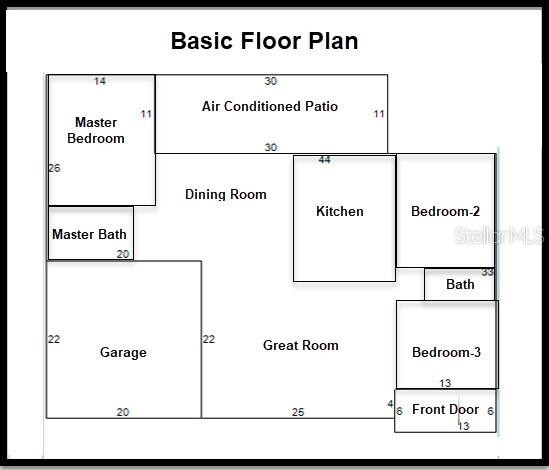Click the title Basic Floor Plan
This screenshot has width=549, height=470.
click(x=264, y=41)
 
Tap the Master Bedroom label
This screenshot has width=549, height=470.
click(x=96, y=130)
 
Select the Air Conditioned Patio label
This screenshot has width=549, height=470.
click(x=270, y=106)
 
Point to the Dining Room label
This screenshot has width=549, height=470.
click(x=226, y=194)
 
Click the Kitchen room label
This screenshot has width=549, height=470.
click(x=340, y=211)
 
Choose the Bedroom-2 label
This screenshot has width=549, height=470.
click(x=445, y=211)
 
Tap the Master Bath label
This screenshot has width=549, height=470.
click(x=89, y=234)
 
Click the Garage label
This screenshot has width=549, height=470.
click(x=123, y=352)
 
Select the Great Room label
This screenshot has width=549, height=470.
click(x=301, y=345)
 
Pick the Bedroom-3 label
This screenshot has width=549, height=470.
click(x=446, y=352)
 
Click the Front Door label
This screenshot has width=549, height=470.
click(x=445, y=409)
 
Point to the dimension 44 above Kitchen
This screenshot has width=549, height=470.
click(x=324, y=160)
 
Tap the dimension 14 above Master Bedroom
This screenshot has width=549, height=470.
click(x=100, y=81)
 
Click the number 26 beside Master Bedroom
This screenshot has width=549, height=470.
click(x=55, y=168)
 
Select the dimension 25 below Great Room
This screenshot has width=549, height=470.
click(x=298, y=412)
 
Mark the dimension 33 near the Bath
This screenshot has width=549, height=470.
click(x=487, y=272)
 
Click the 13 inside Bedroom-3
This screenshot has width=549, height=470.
click(x=445, y=383)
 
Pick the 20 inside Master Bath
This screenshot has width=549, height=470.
click(x=123, y=254)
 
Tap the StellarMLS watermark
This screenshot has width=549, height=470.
click(x=499, y=235)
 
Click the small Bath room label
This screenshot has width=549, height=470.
click(x=460, y=284)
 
